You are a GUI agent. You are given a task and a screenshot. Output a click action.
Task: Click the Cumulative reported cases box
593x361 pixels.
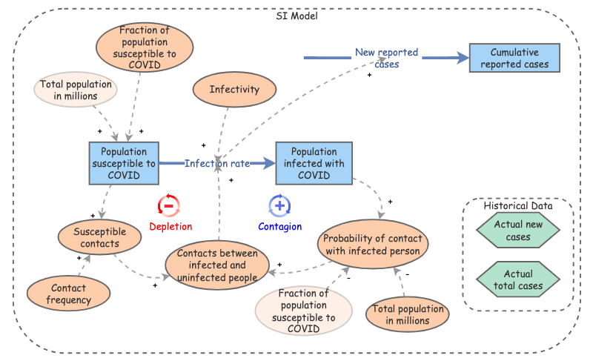tap(514, 59)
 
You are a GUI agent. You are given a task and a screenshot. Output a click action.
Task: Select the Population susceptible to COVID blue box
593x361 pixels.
tap(124, 163)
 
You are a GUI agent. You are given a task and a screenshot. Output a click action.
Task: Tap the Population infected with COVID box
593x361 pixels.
tap(314, 163)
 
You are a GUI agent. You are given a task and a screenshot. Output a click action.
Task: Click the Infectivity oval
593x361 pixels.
tap(234, 90)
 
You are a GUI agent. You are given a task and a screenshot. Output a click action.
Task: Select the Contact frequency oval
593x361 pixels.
tap(68, 294)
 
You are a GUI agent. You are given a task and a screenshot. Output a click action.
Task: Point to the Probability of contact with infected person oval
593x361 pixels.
tap(374, 244)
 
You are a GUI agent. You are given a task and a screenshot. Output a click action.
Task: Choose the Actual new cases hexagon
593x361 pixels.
tap(518, 231)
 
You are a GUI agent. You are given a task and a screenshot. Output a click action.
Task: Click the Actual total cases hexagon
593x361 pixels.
tap(518, 280)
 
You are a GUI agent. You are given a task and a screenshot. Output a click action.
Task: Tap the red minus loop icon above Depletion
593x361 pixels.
tap(169, 206)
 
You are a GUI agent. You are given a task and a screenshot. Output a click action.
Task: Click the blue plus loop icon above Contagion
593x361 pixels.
tap(279, 206)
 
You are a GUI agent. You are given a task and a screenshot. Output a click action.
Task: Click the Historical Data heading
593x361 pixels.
tap(518, 206)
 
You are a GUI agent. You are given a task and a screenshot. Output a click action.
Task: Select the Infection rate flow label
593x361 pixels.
tap(217, 163)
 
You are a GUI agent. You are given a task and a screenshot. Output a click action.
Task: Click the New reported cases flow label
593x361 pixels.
tap(386, 58)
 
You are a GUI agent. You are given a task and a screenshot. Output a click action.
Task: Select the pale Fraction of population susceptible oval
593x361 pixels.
tap(303, 311)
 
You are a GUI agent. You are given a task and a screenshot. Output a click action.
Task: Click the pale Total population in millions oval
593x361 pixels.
tap(76, 90)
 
